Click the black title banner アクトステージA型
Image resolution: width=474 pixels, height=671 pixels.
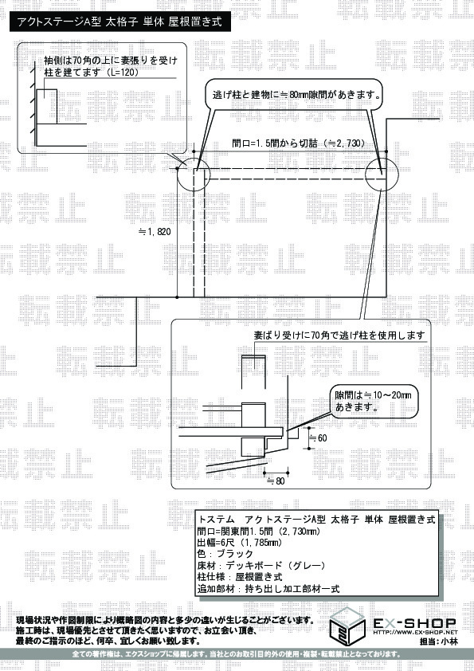[120, 22]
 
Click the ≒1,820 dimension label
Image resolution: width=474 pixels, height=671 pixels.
[155, 232]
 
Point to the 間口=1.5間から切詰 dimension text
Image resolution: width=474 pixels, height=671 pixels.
[299, 143]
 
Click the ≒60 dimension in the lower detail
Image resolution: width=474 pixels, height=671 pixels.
[318, 438]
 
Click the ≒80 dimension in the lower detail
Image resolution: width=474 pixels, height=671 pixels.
[276, 481]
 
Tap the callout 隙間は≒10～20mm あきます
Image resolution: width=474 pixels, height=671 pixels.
[374, 401]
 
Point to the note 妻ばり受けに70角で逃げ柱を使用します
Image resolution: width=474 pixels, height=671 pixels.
[339, 335]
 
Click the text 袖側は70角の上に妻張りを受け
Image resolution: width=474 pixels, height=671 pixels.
[111, 61]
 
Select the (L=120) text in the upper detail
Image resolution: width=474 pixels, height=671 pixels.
[123, 73]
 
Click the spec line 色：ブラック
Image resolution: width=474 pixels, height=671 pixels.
[225, 554]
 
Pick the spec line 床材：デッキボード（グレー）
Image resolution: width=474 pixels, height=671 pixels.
[261, 565]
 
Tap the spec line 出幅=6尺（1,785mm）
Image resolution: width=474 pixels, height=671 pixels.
[240, 543]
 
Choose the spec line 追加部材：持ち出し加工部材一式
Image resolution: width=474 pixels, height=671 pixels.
[268, 589]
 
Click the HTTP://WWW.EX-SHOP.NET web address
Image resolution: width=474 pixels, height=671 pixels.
[415, 632]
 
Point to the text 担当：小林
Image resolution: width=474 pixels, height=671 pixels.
[438, 642]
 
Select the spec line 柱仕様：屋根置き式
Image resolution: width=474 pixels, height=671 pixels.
[240, 577]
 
